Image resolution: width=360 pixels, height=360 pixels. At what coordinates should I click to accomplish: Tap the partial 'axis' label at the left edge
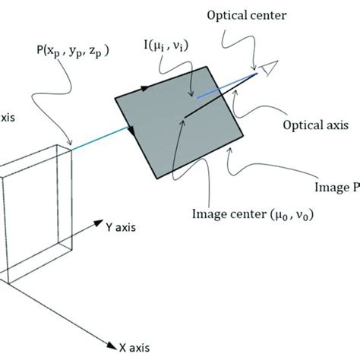pos(9,120)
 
